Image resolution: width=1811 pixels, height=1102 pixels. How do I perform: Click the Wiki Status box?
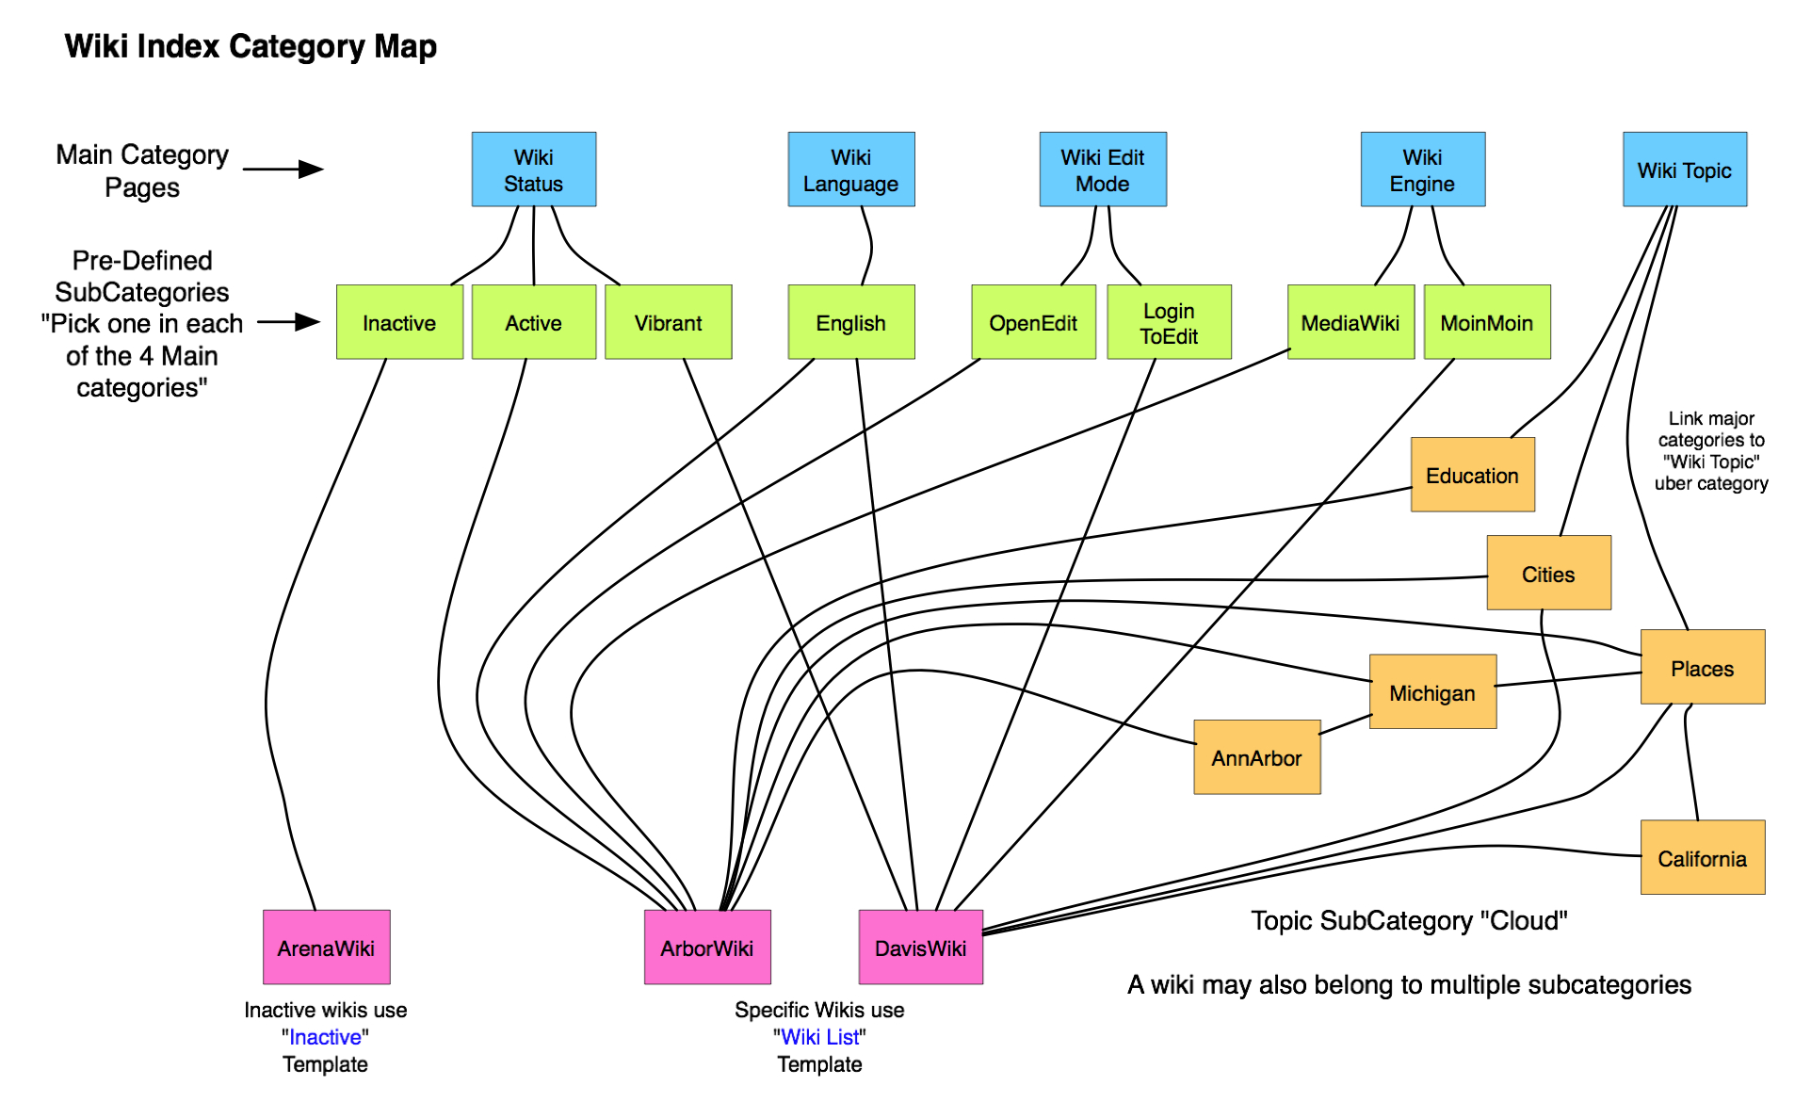tap(533, 170)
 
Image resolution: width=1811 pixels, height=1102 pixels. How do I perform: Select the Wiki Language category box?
tap(850, 170)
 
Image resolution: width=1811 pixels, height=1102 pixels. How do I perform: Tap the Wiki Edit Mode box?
tap(1102, 170)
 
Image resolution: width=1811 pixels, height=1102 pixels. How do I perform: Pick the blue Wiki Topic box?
tap(1684, 170)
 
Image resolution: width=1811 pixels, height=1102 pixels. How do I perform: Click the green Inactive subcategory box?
tap(399, 322)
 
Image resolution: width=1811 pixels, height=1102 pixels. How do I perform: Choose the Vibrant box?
tap(668, 322)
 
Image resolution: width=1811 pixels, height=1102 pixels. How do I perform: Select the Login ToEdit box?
tap(1169, 322)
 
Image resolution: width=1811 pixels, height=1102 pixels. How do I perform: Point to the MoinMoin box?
tap(1486, 322)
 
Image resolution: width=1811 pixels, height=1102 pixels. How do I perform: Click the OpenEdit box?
tap(1033, 322)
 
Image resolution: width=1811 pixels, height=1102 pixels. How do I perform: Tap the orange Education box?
tap(1472, 475)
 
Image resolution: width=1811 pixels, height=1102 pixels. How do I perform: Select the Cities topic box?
tap(1548, 573)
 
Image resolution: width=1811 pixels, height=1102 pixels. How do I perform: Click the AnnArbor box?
tap(1256, 757)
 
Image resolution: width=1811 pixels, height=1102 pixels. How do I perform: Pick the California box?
tap(1702, 857)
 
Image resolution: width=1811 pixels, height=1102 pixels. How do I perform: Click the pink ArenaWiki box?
tap(326, 947)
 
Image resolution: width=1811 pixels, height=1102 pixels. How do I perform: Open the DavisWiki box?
tap(920, 947)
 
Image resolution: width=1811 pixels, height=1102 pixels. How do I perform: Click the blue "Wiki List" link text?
tap(819, 1037)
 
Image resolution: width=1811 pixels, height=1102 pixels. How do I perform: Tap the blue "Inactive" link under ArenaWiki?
tap(325, 1037)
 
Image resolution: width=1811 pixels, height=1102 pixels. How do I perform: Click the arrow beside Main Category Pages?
tap(283, 170)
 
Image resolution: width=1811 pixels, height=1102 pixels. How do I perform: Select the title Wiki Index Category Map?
tap(251, 46)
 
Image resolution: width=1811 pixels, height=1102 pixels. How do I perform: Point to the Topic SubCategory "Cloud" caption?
tap(1409, 920)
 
